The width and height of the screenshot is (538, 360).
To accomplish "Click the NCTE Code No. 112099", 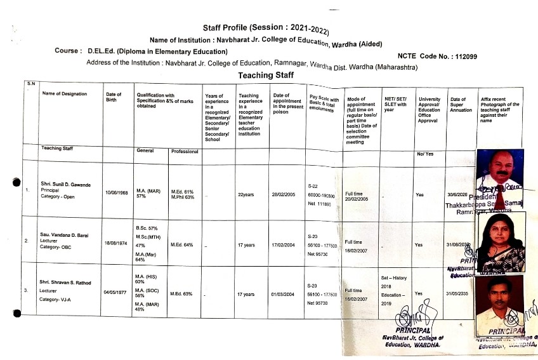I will pyautogui.click(x=437, y=57).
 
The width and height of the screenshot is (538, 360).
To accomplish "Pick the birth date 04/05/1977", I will pyautogui.click(x=117, y=293).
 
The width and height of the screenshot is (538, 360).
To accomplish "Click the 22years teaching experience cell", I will pyautogui.click(x=246, y=195).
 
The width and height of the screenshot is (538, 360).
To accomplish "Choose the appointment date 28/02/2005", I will pyautogui.click(x=285, y=195).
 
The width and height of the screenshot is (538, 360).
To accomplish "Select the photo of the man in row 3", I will pyautogui.click(x=499, y=300).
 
